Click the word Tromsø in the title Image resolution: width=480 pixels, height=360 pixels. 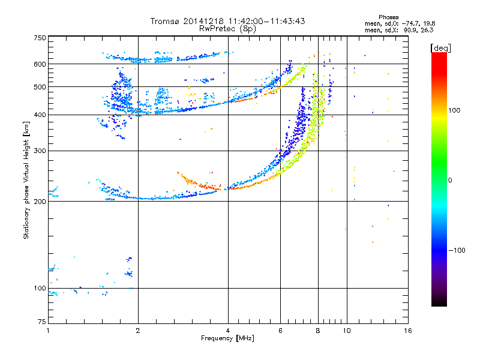point(163,21)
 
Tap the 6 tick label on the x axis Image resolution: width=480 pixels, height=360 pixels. point(280,331)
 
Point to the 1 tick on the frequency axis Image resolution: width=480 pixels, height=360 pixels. point(48,331)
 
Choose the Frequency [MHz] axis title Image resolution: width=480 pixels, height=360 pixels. point(227,338)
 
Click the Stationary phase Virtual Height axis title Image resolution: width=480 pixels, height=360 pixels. point(26,180)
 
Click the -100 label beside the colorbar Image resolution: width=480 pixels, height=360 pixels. point(455,250)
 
